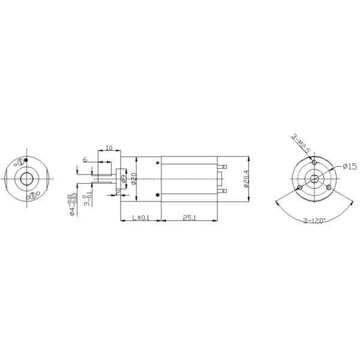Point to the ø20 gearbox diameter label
134,179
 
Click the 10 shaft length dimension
109,148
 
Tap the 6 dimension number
85,160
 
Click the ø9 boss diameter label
124,179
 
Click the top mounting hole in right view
314,162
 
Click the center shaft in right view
314,179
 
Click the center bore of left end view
28,179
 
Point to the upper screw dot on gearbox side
157,161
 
